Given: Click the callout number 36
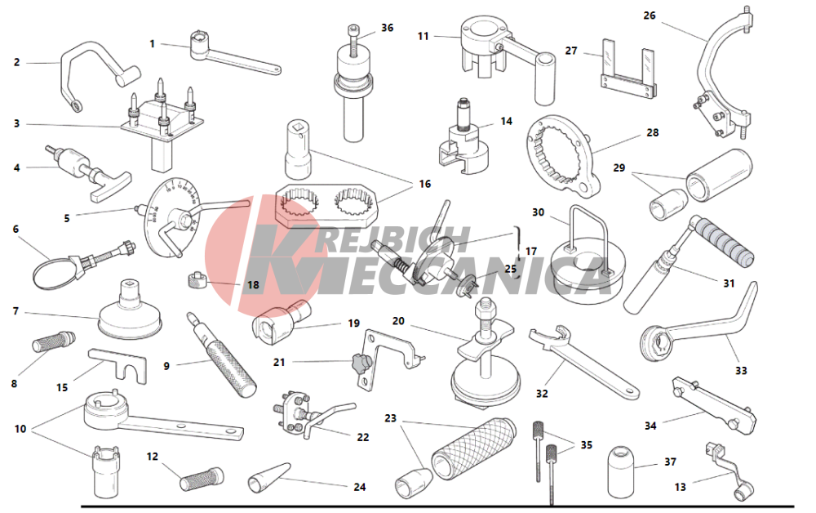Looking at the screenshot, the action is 387,28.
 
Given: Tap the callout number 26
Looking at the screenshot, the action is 649,16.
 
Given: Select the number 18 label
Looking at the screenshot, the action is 253,285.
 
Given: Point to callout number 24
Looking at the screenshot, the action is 360,487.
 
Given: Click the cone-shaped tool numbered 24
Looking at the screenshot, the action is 268,477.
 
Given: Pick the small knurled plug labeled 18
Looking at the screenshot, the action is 195,280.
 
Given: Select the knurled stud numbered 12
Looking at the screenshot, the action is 202,480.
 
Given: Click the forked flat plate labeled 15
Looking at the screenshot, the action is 118,364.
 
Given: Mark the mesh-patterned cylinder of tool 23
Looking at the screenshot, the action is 473,448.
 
